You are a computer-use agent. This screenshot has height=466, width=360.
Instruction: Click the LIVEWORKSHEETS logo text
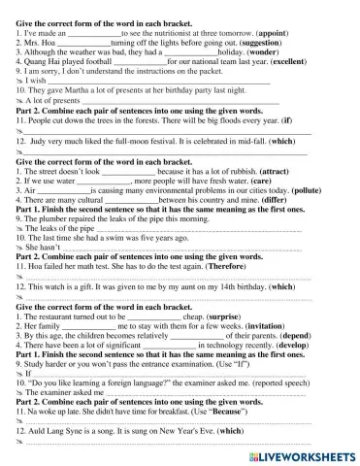click(x=305, y=454)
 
